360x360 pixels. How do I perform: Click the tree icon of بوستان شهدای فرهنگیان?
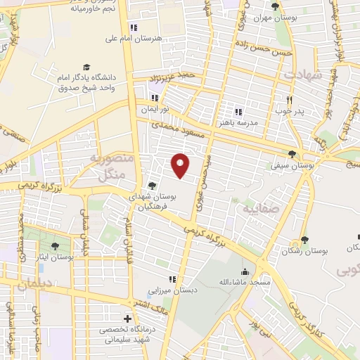(x=153, y=186)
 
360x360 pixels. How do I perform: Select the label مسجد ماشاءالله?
(x=244, y=282)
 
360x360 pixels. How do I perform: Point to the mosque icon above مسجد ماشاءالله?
(x=244, y=271)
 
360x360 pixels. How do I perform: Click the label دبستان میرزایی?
(x=169, y=290)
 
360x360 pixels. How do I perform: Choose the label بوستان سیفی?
(x=292, y=166)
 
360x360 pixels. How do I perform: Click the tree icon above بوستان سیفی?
(x=292, y=155)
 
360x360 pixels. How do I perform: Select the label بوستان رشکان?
(x=305, y=251)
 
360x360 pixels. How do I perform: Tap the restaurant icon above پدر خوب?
(x=289, y=100)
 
